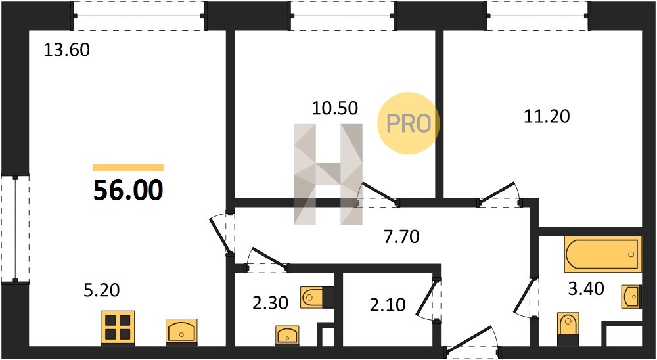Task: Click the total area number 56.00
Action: point(128,191)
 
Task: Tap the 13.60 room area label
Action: point(66,51)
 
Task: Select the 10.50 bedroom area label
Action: point(335,108)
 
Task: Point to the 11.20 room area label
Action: point(547,116)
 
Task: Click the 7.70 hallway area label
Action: point(402,237)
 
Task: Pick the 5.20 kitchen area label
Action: point(102,290)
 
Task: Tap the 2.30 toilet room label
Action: point(270,304)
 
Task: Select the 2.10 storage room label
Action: point(388,305)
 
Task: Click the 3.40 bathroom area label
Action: point(586,288)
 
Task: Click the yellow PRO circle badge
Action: point(408,124)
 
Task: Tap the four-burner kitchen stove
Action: point(118,328)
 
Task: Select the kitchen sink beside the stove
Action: point(181,332)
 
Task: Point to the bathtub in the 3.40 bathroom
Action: point(602,254)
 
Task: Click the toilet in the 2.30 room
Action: point(317,298)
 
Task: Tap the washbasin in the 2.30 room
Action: point(287,335)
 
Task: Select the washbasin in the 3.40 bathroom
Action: point(631,296)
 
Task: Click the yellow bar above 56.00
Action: point(128,168)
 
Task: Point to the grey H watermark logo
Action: point(328,174)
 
